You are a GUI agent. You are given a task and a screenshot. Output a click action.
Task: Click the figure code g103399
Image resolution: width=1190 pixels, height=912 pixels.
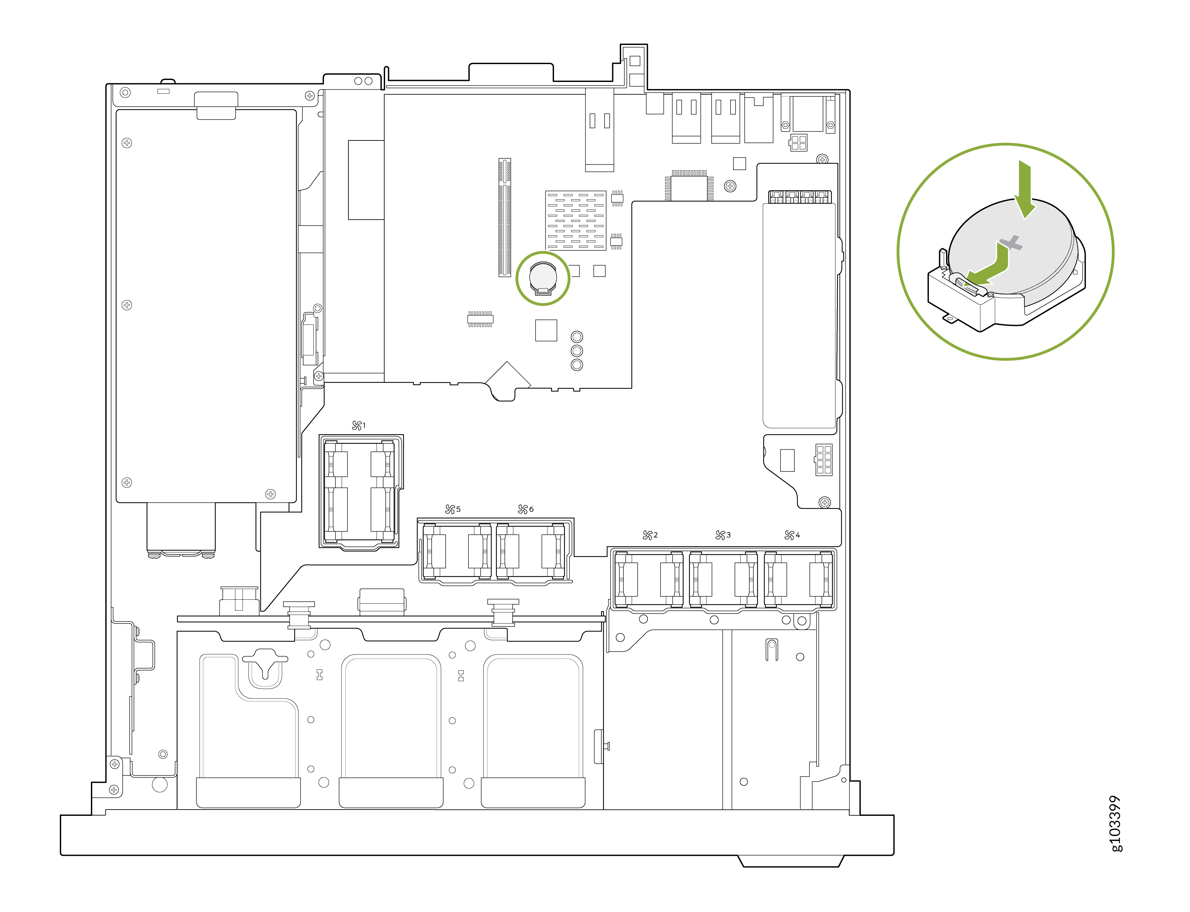pyautogui.click(x=1115, y=823)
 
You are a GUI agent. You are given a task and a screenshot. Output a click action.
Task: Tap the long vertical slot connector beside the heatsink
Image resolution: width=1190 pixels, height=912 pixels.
pyautogui.click(x=504, y=217)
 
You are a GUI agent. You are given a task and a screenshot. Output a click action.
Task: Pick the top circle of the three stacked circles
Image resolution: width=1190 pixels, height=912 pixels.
pyautogui.click(x=577, y=337)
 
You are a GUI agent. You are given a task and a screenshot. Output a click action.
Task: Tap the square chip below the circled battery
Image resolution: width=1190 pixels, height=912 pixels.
pyautogui.click(x=546, y=330)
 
